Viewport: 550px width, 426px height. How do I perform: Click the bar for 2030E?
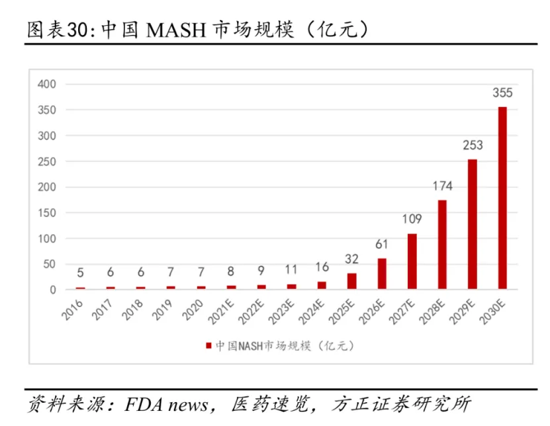pos(502,198)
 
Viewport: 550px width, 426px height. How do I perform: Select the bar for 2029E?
pos(472,224)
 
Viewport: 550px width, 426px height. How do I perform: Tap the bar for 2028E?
pos(442,245)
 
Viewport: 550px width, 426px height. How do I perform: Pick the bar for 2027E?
pos(412,261)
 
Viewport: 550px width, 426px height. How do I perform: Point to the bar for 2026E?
pos(382,274)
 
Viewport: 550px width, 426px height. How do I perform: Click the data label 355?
pos(502,93)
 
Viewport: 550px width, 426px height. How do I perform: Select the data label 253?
pos(472,146)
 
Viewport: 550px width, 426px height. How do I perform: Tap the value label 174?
pos(442,186)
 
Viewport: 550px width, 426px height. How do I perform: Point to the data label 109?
pos(412,219)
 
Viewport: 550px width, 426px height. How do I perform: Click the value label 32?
pos(351,259)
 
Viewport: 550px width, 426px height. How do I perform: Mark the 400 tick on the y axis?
pos(48,84)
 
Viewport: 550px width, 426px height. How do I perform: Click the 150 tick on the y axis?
pos(48,213)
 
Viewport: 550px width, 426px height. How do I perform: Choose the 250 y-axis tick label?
pos(48,161)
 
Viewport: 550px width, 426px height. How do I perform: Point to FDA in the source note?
pos(142,404)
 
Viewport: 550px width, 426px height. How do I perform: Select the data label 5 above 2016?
pos(80,273)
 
